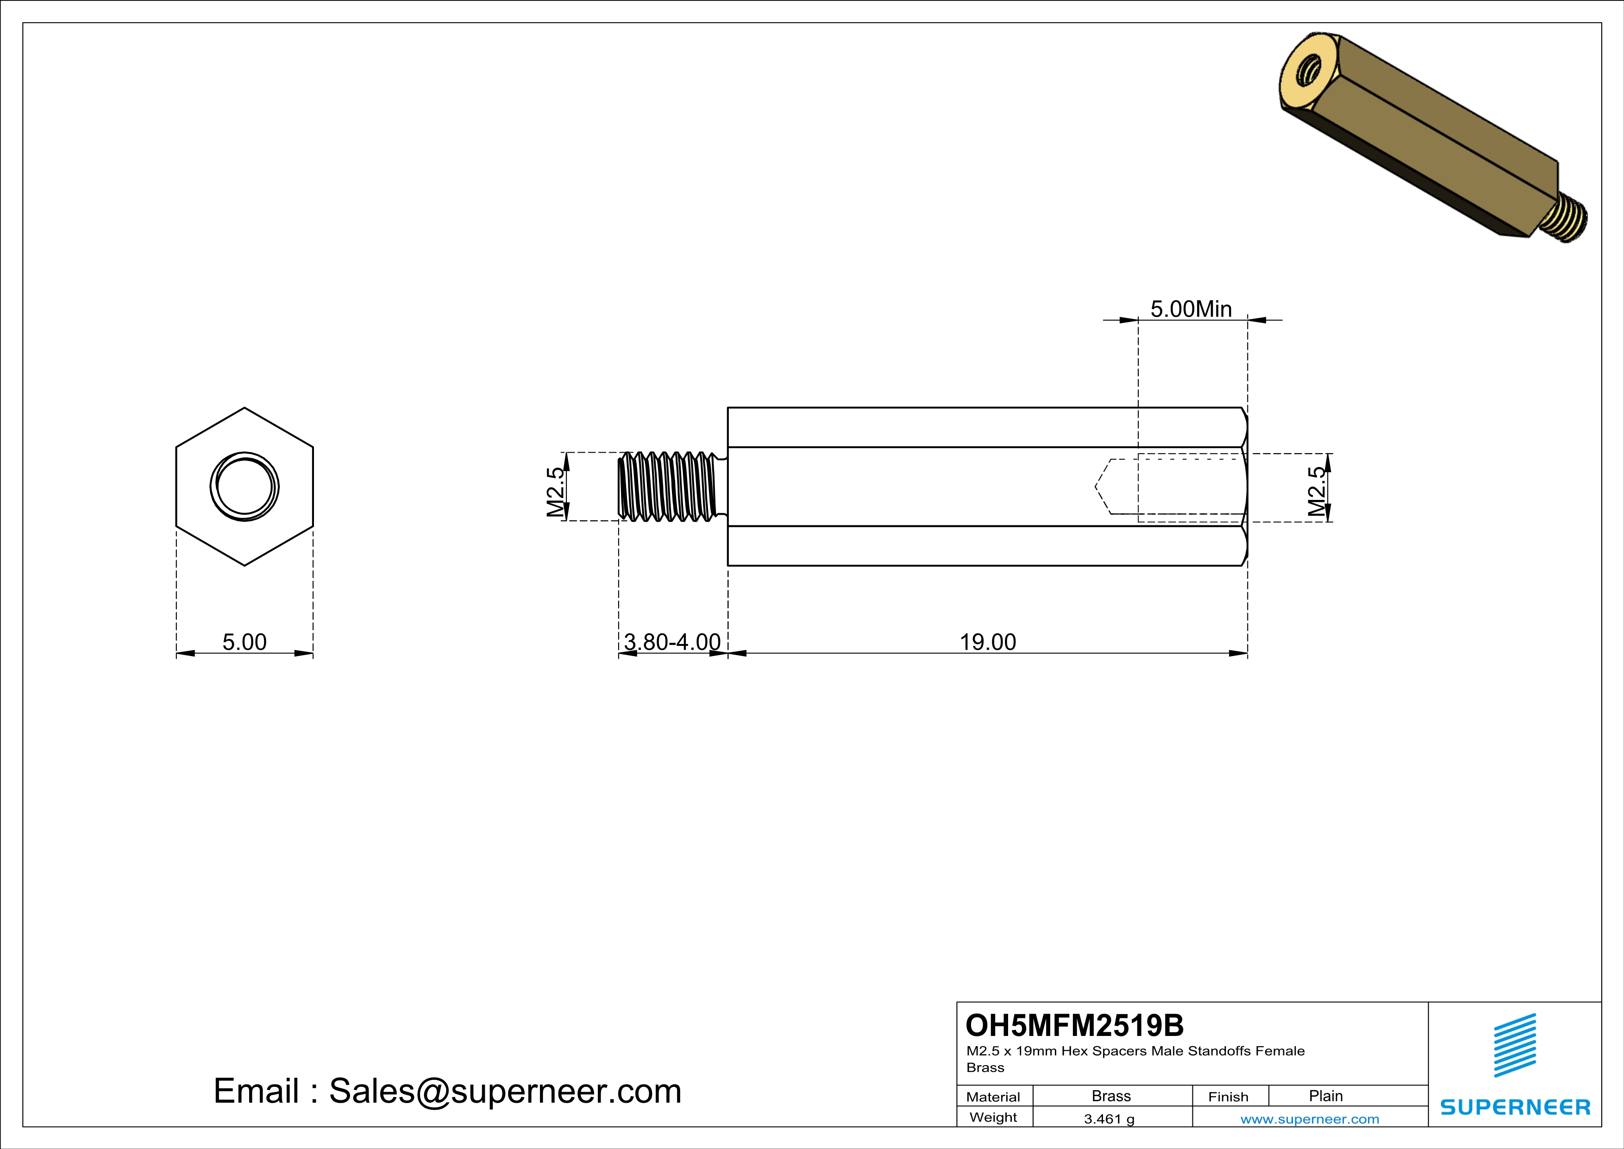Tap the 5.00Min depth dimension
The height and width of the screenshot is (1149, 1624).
(1191, 309)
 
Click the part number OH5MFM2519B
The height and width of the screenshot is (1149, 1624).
(1074, 1025)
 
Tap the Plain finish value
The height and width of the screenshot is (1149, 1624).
(1325, 1096)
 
